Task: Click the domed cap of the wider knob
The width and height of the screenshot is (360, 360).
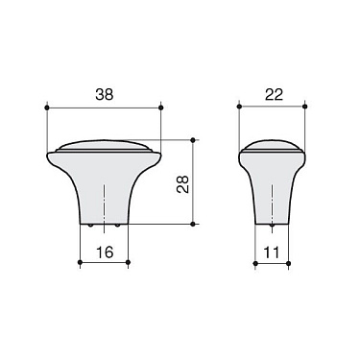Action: [103, 147]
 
